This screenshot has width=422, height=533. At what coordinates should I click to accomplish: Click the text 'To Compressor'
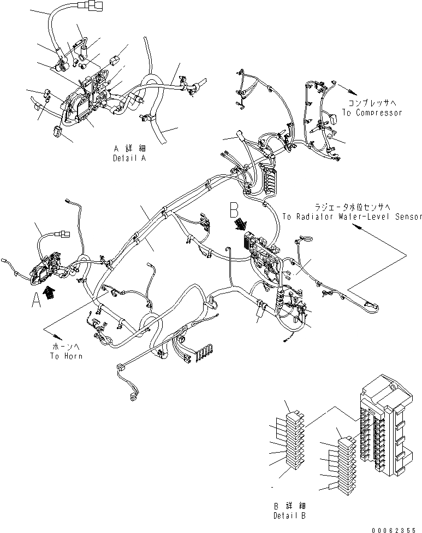(372, 113)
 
